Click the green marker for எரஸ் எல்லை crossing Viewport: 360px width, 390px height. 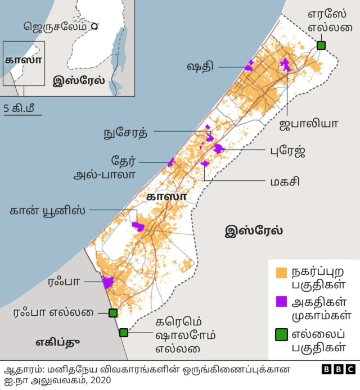pos(321,46)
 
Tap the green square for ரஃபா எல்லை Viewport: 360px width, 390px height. pos(112,313)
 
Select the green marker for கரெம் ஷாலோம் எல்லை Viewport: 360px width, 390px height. pos(124,333)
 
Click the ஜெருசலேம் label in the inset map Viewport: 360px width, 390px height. pos(55,26)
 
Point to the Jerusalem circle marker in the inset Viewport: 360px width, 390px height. pos(94,26)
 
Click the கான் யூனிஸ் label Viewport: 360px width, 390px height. pos(48,211)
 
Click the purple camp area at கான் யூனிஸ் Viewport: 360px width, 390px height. pos(138,226)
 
